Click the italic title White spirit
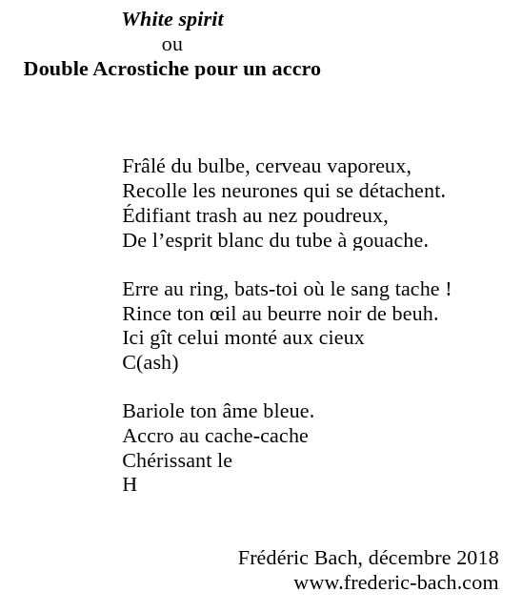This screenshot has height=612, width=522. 172,20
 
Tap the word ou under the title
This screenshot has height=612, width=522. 172,45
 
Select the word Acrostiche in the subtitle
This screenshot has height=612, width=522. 141,70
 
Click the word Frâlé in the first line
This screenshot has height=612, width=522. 144,167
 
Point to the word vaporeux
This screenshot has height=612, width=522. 373,168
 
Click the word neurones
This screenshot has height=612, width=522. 270,192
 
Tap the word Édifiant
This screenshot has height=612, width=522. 157,216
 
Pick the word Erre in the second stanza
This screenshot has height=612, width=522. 139,289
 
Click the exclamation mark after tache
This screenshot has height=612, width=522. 448,289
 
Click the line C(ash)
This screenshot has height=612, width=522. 151,363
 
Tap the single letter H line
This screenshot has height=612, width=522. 130,485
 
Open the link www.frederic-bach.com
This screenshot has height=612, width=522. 395,582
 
